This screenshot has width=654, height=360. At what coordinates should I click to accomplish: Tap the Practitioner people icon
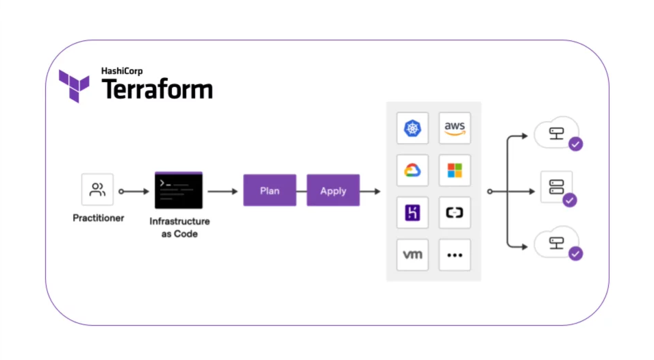[97, 190]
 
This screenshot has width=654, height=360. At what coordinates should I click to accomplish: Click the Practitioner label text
[98, 219]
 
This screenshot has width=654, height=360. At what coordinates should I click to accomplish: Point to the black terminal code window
[179, 190]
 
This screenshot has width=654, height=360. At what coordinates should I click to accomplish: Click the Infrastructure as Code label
[179, 227]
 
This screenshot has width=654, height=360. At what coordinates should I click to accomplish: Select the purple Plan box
[270, 190]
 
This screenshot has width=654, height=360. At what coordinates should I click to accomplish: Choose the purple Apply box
[333, 190]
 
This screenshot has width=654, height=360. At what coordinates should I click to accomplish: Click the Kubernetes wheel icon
[412, 128]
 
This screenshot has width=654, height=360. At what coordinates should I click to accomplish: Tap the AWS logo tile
[455, 128]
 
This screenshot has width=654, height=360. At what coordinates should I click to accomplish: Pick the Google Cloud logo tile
[412, 170]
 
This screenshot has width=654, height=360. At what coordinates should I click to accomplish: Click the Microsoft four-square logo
[455, 170]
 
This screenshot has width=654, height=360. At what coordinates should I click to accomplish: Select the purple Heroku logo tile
[412, 213]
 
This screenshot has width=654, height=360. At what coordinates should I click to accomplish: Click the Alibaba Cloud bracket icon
[455, 213]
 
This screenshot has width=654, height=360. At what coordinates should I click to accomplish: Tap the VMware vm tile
[412, 255]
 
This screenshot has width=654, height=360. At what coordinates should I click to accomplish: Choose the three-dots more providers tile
[455, 255]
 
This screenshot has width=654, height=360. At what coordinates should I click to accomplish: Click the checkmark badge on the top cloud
[576, 144]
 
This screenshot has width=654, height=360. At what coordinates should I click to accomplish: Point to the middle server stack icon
[556, 186]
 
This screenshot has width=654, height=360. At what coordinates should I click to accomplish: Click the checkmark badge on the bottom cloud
[576, 253]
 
